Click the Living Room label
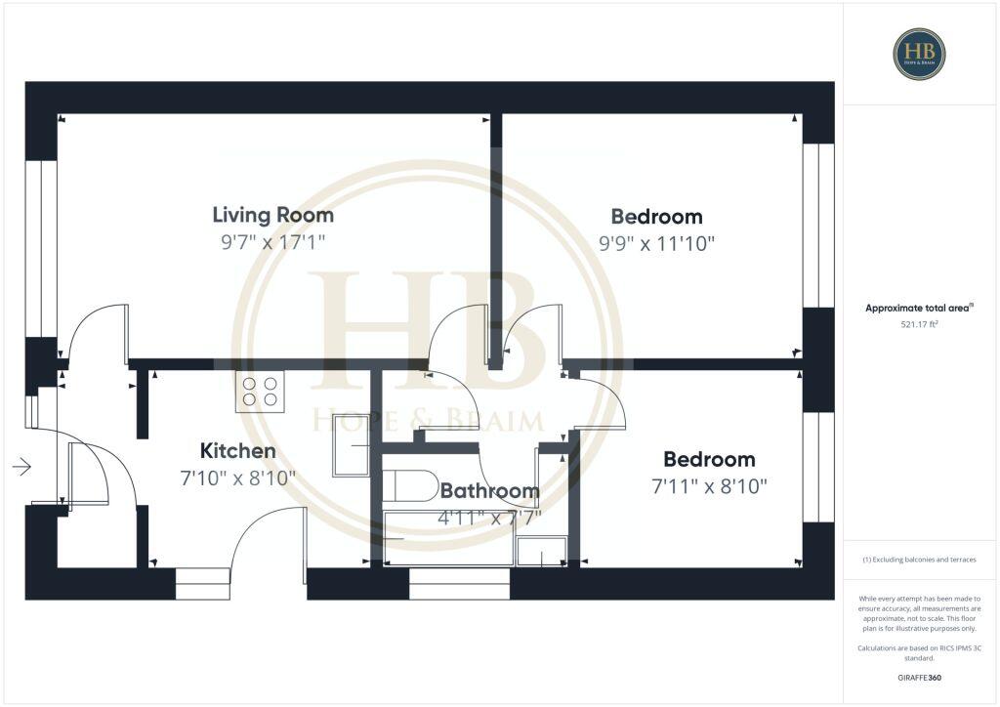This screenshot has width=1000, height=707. pos(272,215)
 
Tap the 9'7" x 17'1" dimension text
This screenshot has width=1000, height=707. pos(272,241)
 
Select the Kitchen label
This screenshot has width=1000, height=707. pos(237,451)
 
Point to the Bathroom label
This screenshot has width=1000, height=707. pos(489,491)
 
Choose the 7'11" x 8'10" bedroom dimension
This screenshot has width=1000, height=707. pos(709,485)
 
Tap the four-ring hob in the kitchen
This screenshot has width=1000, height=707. pos(258,392)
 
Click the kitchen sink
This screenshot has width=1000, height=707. pos(351,444)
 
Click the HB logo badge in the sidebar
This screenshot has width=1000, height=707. pos(919,54)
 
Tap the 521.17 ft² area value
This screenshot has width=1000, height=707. pos(920,325)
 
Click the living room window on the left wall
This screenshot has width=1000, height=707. pos(41,249)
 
